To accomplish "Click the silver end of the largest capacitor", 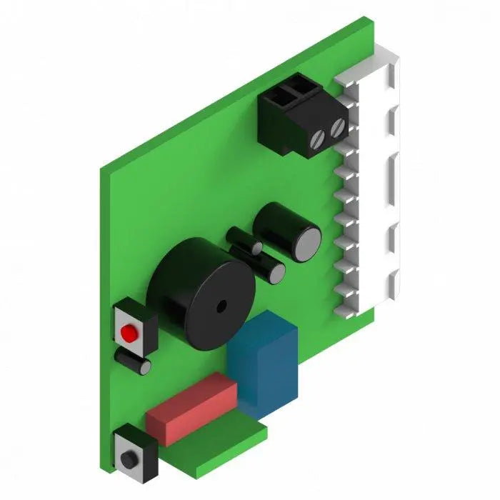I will click(x=309, y=243).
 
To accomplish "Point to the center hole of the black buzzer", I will click(x=221, y=306).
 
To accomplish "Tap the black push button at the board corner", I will click(x=129, y=458).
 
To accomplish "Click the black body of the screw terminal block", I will click(x=286, y=121).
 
